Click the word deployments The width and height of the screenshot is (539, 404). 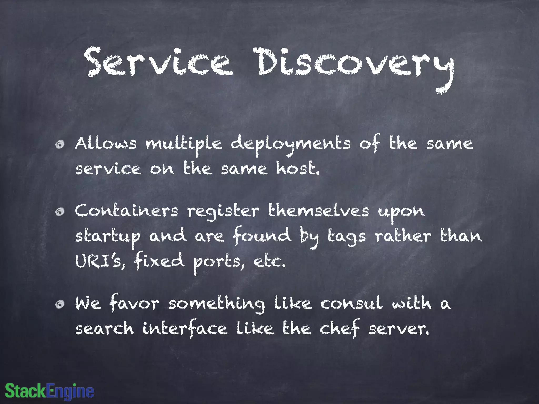(291, 145)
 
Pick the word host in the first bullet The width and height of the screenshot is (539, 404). (297, 169)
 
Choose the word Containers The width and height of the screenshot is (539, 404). (127, 211)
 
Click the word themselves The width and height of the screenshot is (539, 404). (319, 211)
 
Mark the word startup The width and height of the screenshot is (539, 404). (108, 237)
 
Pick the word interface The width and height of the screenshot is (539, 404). (185, 329)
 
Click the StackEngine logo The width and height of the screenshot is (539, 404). (49, 391)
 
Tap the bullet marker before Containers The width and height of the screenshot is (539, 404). (60, 212)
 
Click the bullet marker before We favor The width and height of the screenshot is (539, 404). (60, 304)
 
